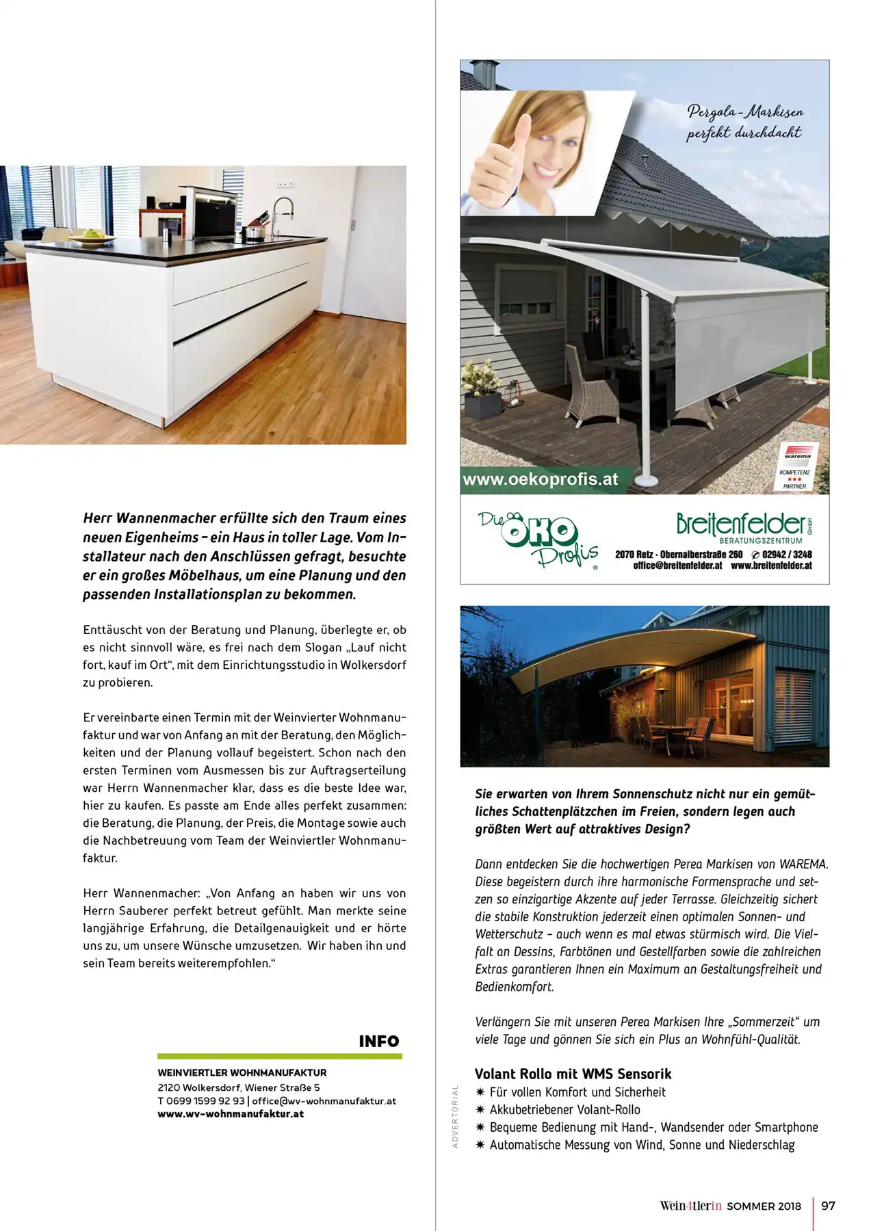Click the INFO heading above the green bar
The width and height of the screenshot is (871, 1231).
(x=378, y=1041)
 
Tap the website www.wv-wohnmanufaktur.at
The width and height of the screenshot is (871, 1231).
(x=231, y=1114)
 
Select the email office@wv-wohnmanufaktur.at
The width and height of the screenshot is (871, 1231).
(x=324, y=1101)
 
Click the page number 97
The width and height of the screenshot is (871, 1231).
(x=828, y=1206)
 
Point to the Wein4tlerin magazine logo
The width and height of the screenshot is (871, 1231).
(x=690, y=1206)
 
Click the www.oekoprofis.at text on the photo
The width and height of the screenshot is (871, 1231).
(x=541, y=479)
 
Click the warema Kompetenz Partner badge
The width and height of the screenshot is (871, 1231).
(x=796, y=467)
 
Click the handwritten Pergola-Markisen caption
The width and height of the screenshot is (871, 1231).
(x=744, y=122)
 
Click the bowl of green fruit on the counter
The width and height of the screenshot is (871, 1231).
(x=93, y=236)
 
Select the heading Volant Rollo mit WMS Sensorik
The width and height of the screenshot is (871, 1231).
(x=573, y=1074)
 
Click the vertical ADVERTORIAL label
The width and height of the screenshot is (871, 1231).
(x=455, y=1115)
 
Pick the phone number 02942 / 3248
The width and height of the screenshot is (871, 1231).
(x=786, y=555)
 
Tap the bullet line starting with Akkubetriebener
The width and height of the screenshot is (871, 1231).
(x=564, y=1109)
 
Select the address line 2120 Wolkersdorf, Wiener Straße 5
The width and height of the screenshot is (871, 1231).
(x=238, y=1087)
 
